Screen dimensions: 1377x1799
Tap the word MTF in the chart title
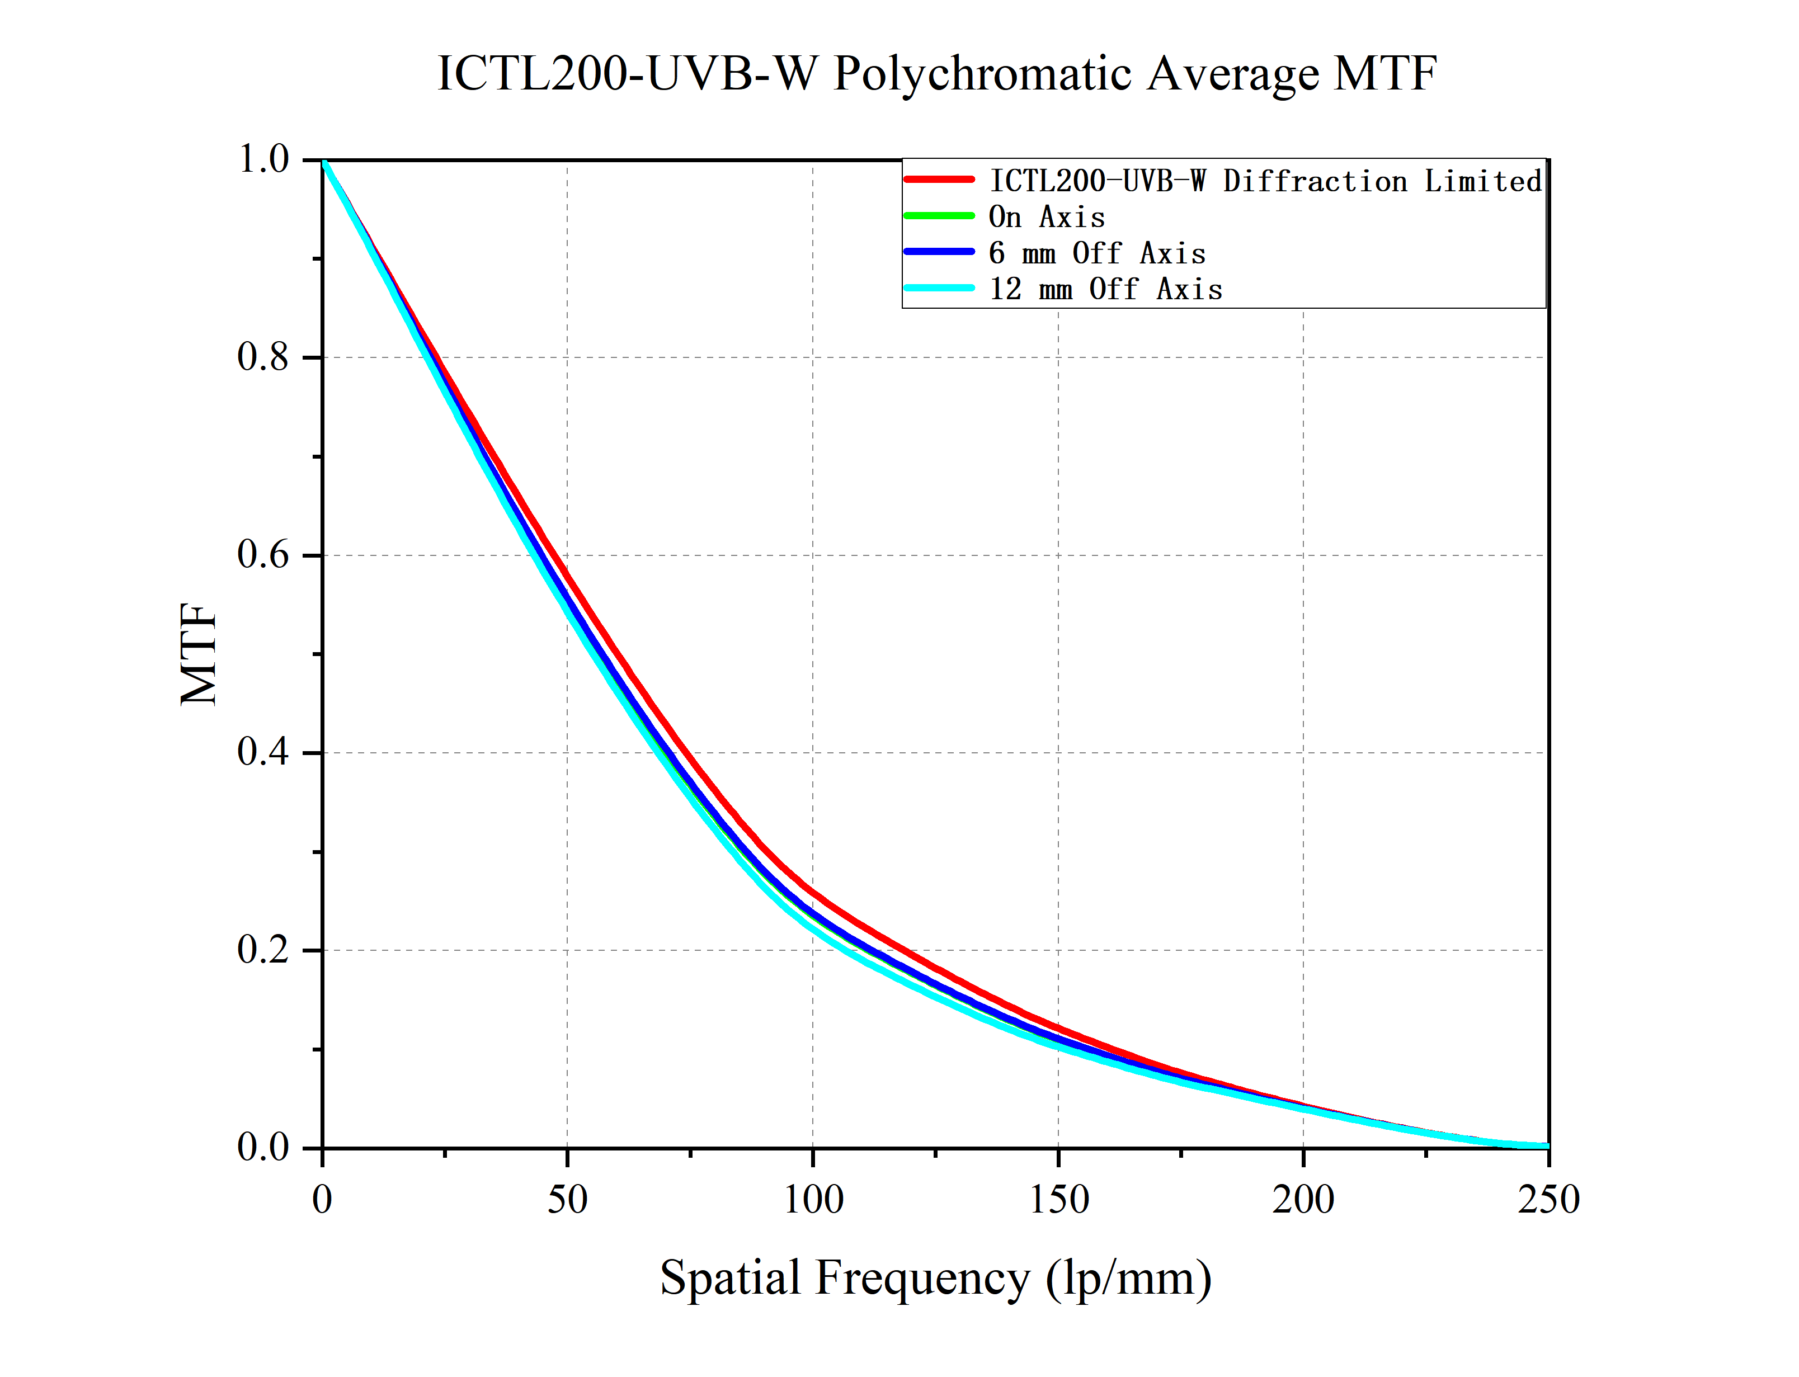click(1384, 74)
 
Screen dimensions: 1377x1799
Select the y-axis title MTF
click(199, 653)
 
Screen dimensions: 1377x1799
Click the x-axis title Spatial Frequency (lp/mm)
click(935, 1278)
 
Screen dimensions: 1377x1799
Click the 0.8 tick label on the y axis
click(263, 357)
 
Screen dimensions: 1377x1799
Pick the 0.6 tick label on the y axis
click(263, 555)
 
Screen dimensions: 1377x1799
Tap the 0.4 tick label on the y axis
click(263, 752)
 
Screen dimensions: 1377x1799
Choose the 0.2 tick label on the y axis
click(263, 950)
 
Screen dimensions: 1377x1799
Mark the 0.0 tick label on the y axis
click(263, 1148)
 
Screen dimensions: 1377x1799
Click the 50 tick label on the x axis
click(567, 1200)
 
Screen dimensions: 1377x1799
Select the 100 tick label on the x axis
click(813, 1200)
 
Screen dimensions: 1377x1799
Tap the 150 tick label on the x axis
click(1058, 1200)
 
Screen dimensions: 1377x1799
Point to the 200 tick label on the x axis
click(1303, 1200)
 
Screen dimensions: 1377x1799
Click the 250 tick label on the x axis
click(1548, 1200)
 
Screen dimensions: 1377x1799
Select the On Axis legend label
click(1047, 217)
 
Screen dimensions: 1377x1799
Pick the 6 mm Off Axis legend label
click(1096, 253)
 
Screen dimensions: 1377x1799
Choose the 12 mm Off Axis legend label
click(1105, 289)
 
